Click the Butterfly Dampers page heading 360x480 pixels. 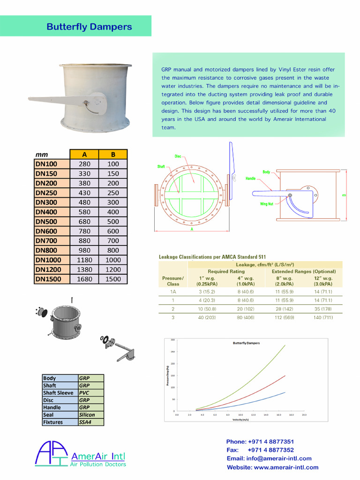[x=89, y=27]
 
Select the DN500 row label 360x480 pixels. [x=46, y=221]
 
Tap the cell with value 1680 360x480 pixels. [x=84, y=279]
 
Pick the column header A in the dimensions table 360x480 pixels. [x=84, y=154]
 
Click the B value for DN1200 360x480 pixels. [x=113, y=270]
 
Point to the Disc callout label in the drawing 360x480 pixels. [x=178, y=156]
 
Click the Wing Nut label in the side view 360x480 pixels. [x=267, y=204]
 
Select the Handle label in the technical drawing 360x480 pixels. [x=251, y=179]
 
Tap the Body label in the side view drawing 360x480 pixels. [x=266, y=172]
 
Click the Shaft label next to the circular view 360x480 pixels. [x=161, y=167]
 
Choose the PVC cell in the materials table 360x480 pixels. [x=84, y=393]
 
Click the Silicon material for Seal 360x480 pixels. [x=87, y=415]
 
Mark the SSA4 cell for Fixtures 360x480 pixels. [x=85, y=422]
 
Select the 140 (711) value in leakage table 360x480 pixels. [x=323, y=317]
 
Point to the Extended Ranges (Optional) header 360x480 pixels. [x=304, y=271]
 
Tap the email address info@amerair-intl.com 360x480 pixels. [x=269, y=458]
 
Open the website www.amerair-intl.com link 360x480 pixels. [x=272, y=467]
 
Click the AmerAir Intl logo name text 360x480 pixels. [x=97, y=456]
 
